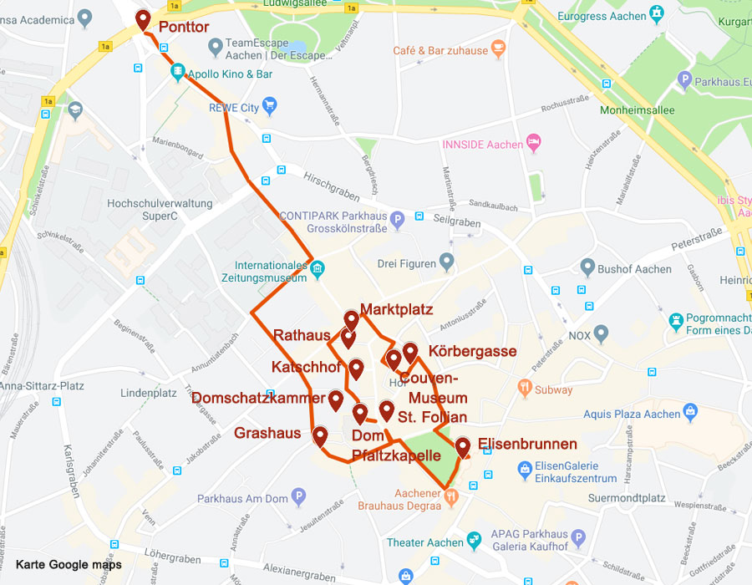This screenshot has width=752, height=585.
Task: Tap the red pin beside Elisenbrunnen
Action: coord(462,448)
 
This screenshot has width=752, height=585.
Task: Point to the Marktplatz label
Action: coord(396,309)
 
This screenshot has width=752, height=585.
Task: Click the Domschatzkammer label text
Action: coord(258,398)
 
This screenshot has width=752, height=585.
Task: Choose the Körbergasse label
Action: coord(472,351)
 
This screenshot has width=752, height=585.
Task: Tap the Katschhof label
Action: coord(306,367)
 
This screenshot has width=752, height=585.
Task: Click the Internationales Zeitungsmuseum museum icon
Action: coord(318,268)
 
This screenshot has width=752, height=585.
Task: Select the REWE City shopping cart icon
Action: coord(269,106)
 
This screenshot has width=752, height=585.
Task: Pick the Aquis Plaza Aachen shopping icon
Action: coord(690,412)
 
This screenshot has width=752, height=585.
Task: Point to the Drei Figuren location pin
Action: coord(447,263)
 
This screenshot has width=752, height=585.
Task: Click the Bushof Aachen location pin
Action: coord(588,268)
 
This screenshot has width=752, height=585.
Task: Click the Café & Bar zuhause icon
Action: coord(499,49)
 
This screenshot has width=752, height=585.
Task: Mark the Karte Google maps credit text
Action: coord(69,565)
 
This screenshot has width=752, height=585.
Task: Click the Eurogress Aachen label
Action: coord(602,16)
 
